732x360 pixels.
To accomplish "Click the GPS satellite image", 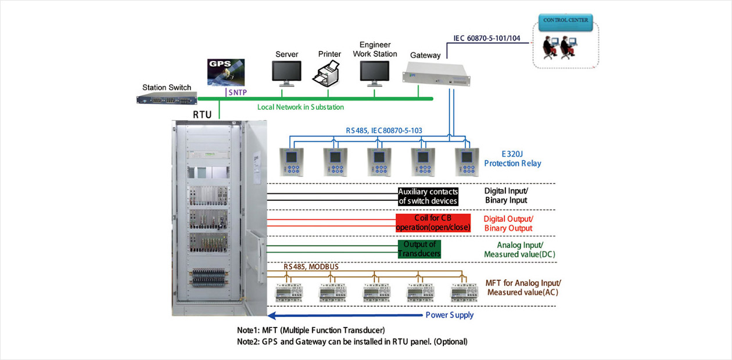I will [225, 73].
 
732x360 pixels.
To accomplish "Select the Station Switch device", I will [167, 99].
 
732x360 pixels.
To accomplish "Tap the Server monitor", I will [286, 71].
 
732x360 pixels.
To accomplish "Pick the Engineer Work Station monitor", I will [375, 71].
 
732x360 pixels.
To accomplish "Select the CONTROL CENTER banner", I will [565, 20].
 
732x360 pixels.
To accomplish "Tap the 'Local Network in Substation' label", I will [300, 107].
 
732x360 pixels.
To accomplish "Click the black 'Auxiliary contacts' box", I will [428, 196].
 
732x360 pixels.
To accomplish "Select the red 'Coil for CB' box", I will [433, 222].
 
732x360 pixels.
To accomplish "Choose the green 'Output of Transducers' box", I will [419, 249].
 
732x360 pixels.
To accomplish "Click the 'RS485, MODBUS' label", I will [311, 267].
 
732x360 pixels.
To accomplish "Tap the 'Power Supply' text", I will [449, 315].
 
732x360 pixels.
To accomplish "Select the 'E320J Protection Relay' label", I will [512, 159].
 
